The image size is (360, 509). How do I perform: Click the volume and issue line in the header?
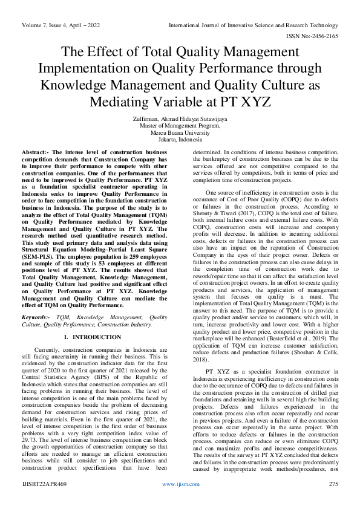pos(61,25)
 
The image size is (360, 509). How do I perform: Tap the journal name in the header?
pos(253,25)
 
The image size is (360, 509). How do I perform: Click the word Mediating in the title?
pos(118,100)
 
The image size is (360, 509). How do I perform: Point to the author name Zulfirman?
pos(146,119)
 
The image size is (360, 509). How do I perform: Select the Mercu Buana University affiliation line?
pos(180,132)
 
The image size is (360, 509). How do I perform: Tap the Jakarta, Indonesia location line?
pos(180,139)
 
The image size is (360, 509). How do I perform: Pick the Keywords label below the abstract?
pos(38,317)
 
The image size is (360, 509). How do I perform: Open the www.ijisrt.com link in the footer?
pos(180,484)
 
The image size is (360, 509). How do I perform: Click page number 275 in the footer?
pos(333,484)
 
